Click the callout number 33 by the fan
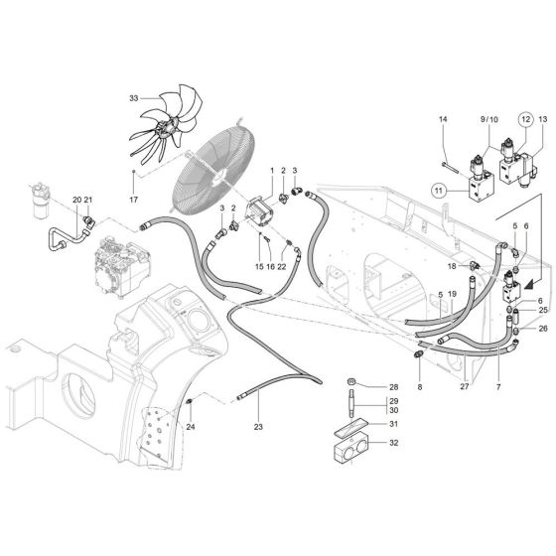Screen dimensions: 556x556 coord(135,98)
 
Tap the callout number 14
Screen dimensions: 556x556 coord(444,120)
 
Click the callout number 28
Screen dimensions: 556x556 coord(392,386)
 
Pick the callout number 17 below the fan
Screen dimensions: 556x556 coord(134,199)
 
